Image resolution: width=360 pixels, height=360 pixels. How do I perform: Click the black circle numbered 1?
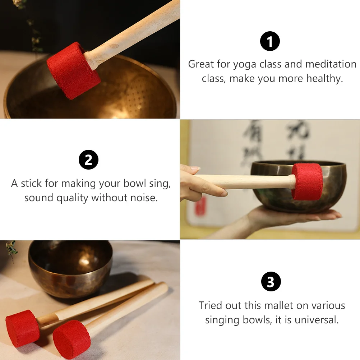(270, 42)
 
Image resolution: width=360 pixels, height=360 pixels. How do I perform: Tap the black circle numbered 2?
(88, 160)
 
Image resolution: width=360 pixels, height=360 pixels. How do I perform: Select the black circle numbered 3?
(271, 282)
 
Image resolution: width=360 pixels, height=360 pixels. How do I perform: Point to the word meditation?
(331, 64)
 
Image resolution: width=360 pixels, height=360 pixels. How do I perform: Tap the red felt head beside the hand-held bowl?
(307, 181)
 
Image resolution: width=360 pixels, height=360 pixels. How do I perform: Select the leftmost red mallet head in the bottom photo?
(22, 328)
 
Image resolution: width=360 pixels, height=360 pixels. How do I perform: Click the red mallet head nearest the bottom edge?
(71, 340)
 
